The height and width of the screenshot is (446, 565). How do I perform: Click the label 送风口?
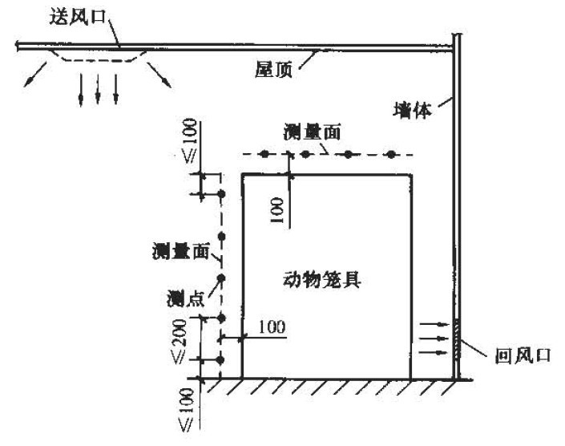[x=77, y=17]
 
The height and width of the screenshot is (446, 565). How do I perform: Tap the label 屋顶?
[x=273, y=69]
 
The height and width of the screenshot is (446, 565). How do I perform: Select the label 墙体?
[x=412, y=110]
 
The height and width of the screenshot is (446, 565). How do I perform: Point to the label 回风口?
[x=523, y=355]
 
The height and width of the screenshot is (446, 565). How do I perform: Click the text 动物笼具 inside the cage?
[x=322, y=279]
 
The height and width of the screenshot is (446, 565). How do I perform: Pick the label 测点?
[x=185, y=299]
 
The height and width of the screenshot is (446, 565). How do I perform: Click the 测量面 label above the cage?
[x=312, y=132]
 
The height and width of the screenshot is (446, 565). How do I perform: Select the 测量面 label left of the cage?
[x=180, y=251]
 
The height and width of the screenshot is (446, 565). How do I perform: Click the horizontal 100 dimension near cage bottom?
[x=272, y=326]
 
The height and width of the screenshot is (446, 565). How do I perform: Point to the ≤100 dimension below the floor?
[x=187, y=410]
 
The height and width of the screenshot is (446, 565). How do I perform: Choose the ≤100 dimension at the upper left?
[x=189, y=140]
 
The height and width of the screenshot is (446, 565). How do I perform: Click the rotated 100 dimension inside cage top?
[x=277, y=210]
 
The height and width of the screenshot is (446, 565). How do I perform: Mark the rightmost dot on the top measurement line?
[x=391, y=155]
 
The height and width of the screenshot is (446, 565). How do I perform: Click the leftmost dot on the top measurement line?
[x=264, y=154]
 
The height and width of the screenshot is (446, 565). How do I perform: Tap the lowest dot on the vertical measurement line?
[x=221, y=360]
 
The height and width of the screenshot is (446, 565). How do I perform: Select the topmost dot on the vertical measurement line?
[x=222, y=194]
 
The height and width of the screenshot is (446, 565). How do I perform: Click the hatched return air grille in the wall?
[x=457, y=339]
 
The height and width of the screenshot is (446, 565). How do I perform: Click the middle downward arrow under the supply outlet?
[x=98, y=89]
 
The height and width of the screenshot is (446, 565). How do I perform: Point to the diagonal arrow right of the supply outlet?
[x=159, y=75]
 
